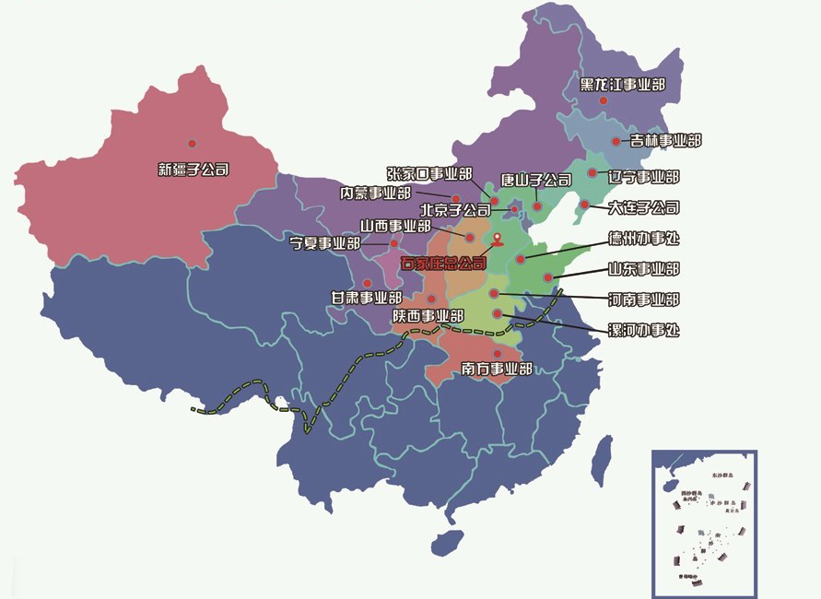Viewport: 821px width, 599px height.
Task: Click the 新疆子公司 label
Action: pos(194,170)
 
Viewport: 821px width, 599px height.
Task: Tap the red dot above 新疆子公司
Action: pos(193,143)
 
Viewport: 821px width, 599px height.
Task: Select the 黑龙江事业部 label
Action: pos(623,85)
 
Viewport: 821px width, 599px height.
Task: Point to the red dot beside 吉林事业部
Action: pos(616,141)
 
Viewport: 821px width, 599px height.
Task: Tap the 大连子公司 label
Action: pos(643,207)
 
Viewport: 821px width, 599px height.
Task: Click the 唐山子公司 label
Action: pos(535,180)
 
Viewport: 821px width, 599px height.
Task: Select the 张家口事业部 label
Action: pos(428,173)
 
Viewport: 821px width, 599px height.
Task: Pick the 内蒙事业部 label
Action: pos(375,194)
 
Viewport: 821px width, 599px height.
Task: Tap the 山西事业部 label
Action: pos(395,226)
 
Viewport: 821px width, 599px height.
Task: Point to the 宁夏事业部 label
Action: pos(324,244)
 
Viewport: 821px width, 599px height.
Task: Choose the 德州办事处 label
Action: pos(644,239)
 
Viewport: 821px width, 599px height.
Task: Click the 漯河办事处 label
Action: pos(644,330)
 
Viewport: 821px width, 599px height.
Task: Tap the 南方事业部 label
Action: pos(497,370)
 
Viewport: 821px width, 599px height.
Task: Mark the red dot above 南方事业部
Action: pos(498,353)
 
